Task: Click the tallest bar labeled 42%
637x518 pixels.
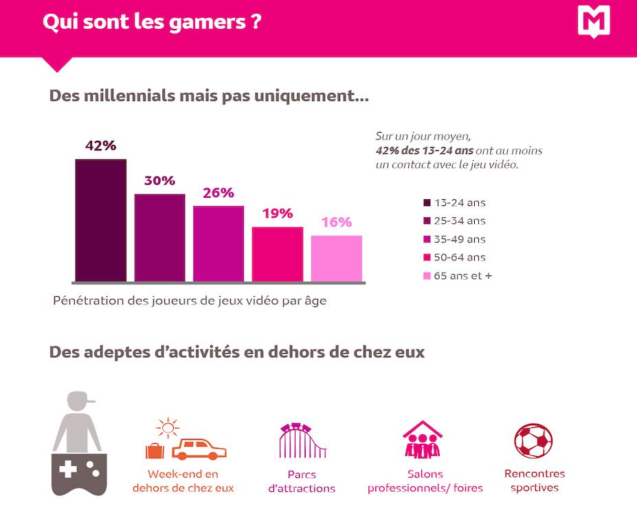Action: point(100,220)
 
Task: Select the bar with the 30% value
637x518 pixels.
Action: point(159,238)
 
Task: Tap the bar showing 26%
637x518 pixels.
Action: point(218,243)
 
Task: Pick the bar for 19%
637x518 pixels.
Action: point(277,254)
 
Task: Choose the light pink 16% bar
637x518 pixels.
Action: point(336,258)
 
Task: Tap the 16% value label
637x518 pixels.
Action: point(336,223)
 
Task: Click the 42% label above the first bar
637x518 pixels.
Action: point(100,146)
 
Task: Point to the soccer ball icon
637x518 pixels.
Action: point(534,441)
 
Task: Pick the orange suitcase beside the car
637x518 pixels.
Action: point(155,451)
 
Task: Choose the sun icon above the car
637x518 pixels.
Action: point(167,428)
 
